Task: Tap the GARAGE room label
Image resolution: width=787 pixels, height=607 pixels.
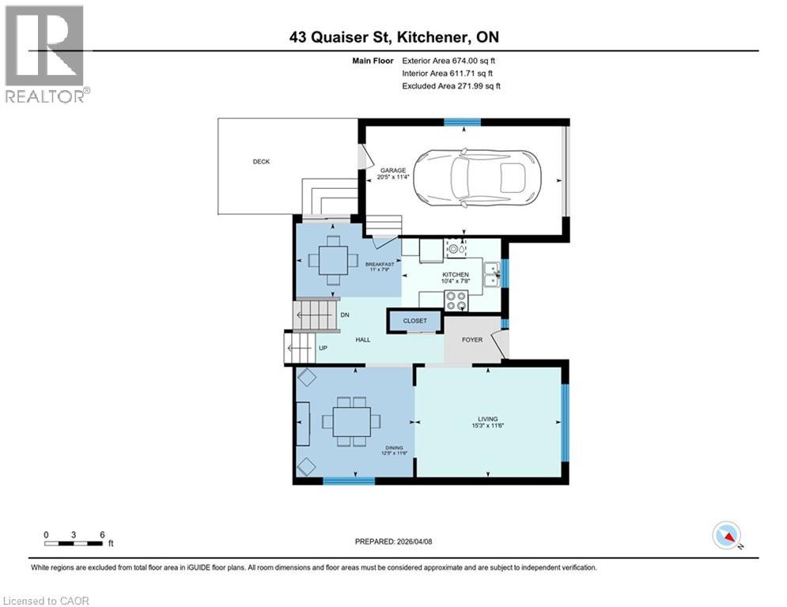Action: (392, 170)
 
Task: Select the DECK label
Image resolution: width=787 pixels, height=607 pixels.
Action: (261, 162)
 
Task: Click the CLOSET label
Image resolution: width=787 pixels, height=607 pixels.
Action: (414, 321)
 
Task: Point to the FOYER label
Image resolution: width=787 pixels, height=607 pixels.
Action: (472, 340)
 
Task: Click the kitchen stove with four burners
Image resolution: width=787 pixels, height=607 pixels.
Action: (456, 300)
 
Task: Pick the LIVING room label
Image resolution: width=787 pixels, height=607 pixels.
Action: (487, 419)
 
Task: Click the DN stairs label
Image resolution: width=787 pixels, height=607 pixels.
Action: (345, 315)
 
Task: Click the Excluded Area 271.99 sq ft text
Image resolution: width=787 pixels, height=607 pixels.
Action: (451, 86)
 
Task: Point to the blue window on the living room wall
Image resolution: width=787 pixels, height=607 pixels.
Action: (564, 422)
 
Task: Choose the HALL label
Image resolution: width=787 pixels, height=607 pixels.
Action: (362, 340)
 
